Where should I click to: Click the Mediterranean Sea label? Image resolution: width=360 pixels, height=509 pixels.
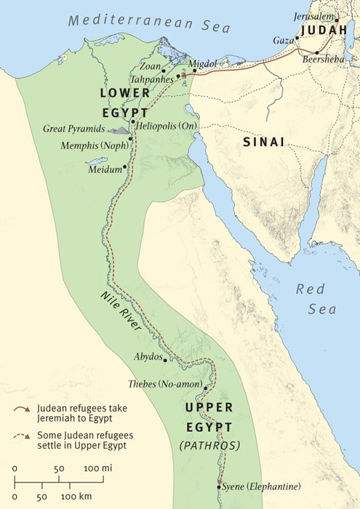[149, 21]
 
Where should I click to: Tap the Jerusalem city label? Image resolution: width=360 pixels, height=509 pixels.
[314, 16]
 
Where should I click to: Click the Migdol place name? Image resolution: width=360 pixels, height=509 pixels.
[203, 64]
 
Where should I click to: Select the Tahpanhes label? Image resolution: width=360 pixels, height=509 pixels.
[151, 77]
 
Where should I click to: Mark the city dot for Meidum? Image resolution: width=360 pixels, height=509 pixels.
[125, 167]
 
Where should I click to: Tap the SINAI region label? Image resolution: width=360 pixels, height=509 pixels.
[263, 143]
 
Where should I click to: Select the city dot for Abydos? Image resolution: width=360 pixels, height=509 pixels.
[166, 359]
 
